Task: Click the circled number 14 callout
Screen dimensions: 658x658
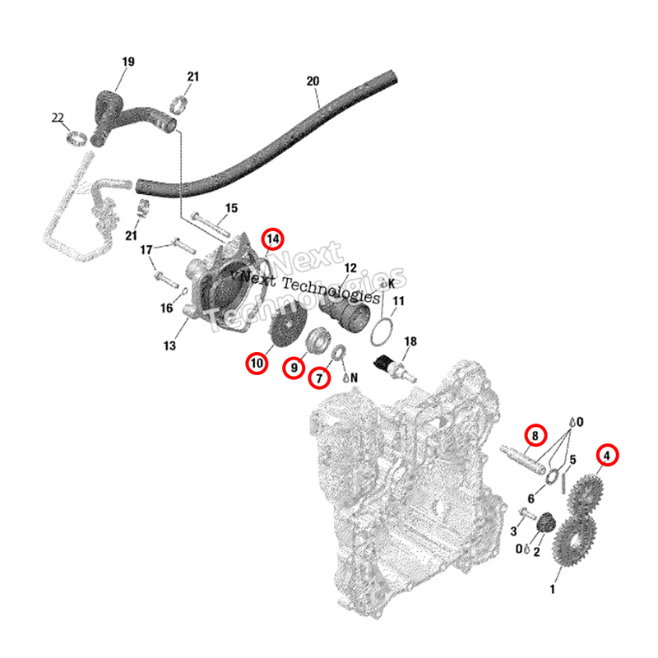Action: pos(272,239)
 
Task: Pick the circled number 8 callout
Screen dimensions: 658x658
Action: pos(535,435)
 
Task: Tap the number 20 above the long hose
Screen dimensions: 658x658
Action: pos(312,81)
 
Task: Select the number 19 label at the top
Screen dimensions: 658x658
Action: pos(128,62)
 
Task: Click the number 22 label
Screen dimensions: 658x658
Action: pos(58,118)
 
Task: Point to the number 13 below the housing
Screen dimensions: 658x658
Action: pos(169,346)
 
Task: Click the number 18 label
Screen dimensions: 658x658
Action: pos(410,341)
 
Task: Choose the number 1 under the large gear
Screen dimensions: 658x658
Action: pos(552,589)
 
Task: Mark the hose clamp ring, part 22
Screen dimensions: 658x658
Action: pos(76,137)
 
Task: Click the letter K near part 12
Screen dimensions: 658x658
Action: pos(391,283)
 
